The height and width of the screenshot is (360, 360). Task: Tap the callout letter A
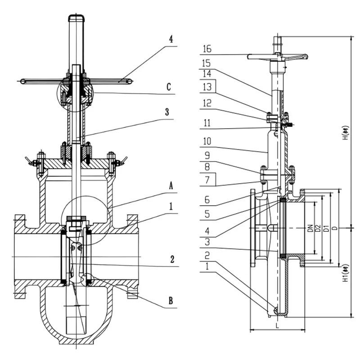tap(171, 185)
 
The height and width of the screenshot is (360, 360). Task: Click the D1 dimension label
tap(326, 229)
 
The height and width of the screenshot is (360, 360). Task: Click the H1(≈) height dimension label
tap(346, 274)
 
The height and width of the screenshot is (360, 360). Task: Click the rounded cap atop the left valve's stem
tap(76, 19)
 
